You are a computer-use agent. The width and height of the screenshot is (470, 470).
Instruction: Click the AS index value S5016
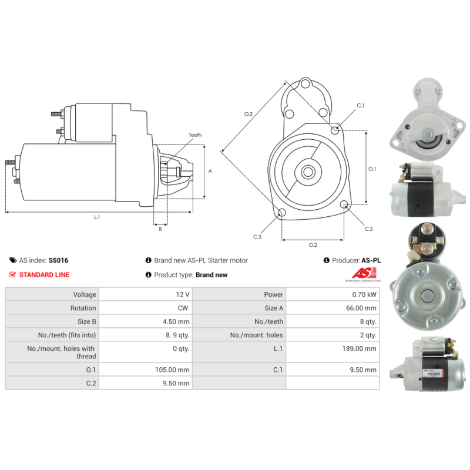pos(58,260)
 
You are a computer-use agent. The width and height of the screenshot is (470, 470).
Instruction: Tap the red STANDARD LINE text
pos(45,275)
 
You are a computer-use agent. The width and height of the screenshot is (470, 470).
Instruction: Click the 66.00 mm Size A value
pos(361,308)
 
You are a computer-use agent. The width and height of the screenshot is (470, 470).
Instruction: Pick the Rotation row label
pos(83,308)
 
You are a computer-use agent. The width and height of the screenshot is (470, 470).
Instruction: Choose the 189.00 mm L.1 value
pos(360,348)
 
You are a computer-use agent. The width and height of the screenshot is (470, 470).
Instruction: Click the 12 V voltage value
pos(183,295)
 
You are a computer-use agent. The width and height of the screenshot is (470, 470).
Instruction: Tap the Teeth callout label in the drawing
pos(195,135)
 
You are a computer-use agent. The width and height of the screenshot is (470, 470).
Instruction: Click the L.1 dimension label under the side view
pos(97,217)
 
